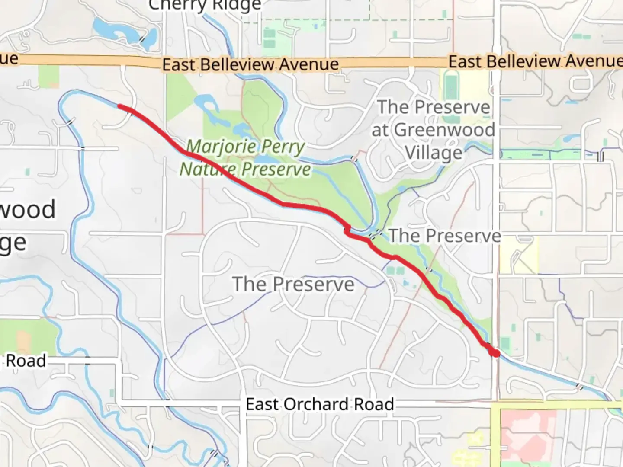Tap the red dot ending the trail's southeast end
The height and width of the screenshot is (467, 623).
[495, 353]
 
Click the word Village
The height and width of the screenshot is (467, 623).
[434, 153]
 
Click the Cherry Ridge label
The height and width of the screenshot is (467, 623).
[205, 5]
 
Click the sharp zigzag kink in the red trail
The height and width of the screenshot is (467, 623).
[347, 230]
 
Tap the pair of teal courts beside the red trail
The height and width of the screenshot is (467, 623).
[395, 271]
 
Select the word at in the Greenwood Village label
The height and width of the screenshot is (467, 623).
[380, 130]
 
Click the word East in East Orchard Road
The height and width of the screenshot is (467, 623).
[261, 404]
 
